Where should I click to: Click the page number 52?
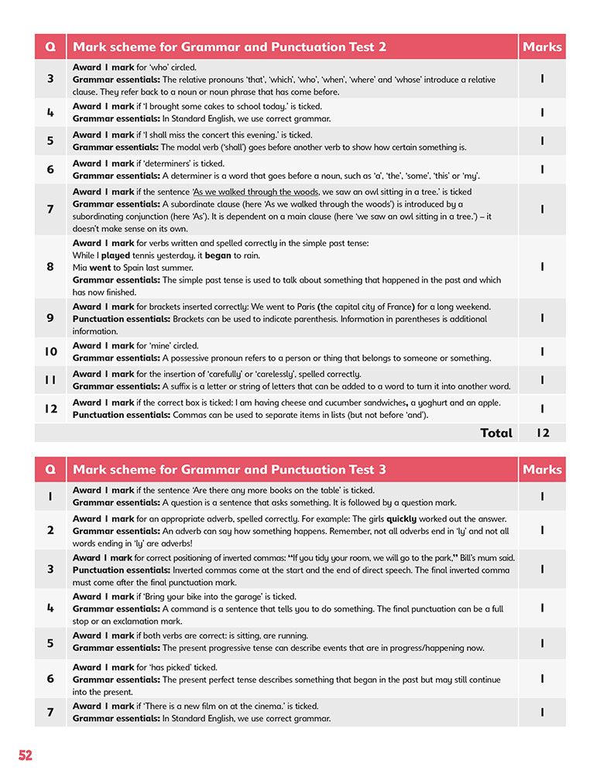pyautogui.click(x=26, y=755)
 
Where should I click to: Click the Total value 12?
pyautogui.click(x=543, y=433)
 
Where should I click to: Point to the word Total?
pyautogui.click(x=496, y=433)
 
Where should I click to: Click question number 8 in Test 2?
pyautogui.click(x=50, y=267)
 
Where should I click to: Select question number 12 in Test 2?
pyautogui.click(x=50, y=409)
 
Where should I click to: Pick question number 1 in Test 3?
pyautogui.click(x=50, y=496)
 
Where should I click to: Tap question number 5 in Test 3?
pyautogui.click(x=50, y=642)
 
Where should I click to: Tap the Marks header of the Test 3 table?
pyautogui.click(x=542, y=470)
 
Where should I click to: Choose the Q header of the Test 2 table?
pyautogui.click(x=50, y=47)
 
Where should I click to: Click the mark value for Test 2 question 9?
pyautogui.click(x=543, y=318)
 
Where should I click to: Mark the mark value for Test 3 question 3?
pyautogui.click(x=543, y=570)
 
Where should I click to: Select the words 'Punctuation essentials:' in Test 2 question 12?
pyautogui.click(x=121, y=415)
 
